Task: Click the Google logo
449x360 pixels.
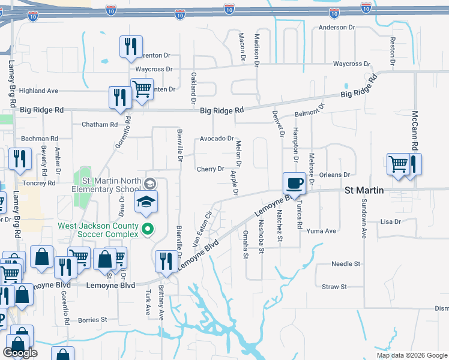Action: (x=20, y=353)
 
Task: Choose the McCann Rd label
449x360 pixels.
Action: (x=414, y=130)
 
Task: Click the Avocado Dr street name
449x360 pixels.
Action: (x=217, y=138)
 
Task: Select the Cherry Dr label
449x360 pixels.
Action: (x=210, y=169)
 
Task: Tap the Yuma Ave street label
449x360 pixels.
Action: (x=321, y=230)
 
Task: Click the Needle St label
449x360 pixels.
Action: (x=346, y=263)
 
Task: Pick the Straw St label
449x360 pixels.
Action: (x=334, y=287)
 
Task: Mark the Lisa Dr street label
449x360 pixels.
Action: (x=390, y=221)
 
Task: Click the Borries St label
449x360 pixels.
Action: (x=92, y=320)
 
